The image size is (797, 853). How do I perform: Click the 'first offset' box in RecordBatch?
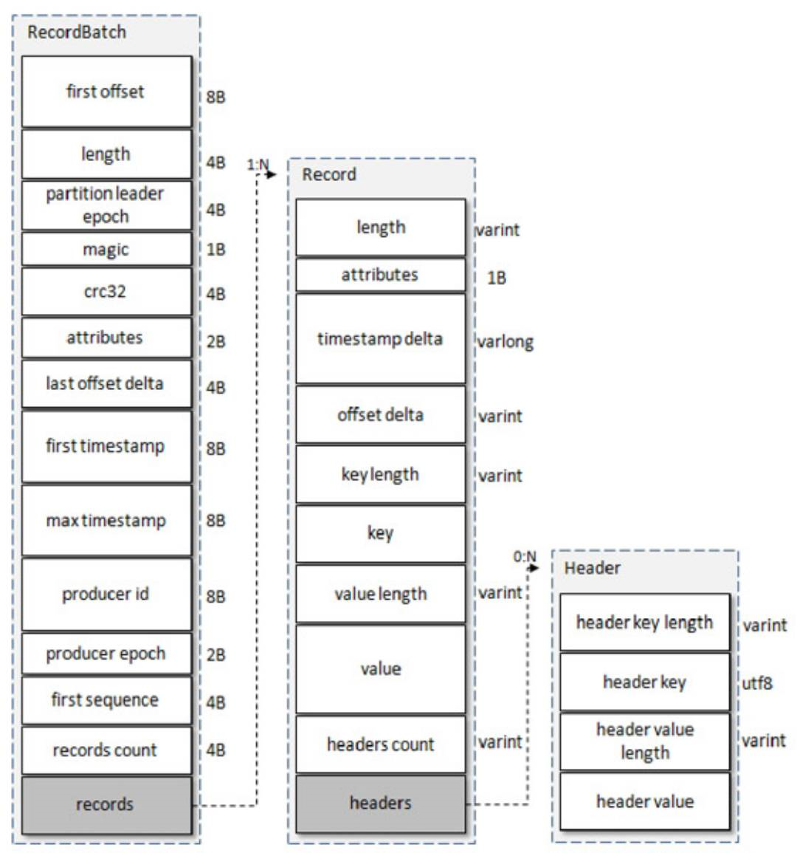106,92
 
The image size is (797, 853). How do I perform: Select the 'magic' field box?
106,250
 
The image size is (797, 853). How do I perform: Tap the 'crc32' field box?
106,292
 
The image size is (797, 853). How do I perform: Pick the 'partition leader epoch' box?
106,205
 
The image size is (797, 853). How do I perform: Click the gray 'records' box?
106,804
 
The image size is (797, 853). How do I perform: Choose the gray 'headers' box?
381,803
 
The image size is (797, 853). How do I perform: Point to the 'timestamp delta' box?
381,339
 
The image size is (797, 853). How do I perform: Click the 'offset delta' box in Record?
381,414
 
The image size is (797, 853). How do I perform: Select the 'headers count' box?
381,744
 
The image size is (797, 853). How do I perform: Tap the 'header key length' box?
645,623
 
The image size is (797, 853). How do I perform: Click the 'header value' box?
645,801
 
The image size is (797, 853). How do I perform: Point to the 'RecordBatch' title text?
77,32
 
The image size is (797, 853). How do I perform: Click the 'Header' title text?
592,568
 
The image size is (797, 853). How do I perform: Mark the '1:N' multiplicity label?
258,164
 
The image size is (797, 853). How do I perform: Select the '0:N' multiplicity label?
525,556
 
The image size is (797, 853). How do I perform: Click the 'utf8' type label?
757,683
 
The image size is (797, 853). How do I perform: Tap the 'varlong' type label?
506,342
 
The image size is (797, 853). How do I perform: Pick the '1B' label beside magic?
216,250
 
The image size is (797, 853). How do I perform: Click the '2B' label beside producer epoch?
216,655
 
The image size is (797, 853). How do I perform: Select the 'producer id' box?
106,594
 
